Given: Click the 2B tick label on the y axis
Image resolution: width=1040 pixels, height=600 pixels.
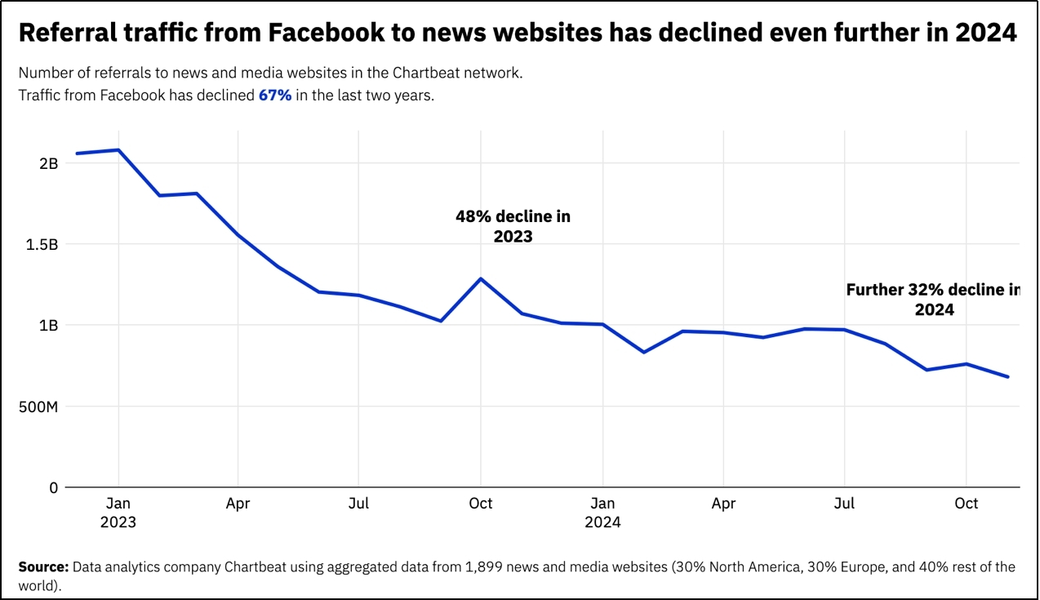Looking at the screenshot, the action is coord(49,163).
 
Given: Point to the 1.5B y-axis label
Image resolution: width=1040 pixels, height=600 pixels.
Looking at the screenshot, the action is coord(42,244).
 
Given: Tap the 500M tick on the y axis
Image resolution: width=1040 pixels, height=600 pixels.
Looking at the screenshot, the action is coord(38,407).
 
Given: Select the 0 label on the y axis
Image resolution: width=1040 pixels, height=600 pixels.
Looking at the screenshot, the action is coord(54,487).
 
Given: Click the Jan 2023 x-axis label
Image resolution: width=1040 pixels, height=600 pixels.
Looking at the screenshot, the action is coord(118,512).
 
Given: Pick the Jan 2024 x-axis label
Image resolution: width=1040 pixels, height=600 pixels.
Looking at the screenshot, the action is coord(602,512).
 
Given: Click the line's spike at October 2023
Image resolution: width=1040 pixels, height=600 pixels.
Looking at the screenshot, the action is coord(481,278).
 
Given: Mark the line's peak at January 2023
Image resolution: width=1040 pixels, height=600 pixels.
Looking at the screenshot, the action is coord(118,150).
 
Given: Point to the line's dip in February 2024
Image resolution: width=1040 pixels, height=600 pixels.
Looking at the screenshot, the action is coord(643,353).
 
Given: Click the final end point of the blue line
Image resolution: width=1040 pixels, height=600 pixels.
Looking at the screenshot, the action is coord(1007,376).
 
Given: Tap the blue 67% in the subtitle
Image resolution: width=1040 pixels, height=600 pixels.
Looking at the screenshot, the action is coord(275,96).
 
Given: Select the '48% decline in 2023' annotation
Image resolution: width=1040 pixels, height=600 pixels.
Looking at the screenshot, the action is coord(513,226).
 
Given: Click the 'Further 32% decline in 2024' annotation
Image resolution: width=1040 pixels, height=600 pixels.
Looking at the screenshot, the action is coord(933,300).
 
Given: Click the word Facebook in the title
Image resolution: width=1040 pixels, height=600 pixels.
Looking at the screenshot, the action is coord(327,33).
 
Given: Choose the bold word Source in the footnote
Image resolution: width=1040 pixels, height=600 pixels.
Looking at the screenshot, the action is coord(43,567).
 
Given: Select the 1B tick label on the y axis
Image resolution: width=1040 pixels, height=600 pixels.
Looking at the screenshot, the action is coord(49,325).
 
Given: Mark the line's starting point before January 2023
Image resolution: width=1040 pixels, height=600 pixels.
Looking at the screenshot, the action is coord(77,153).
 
